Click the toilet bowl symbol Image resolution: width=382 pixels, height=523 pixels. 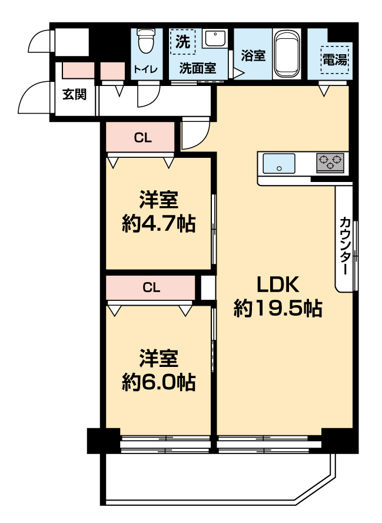[147, 41]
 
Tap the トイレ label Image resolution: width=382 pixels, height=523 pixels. [145, 69]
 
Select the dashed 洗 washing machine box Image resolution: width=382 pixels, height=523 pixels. [182, 42]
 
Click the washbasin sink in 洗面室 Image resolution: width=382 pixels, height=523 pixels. [215, 38]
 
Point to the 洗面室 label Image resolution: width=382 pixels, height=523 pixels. [198, 68]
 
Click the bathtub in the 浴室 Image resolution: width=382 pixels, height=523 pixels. [286, 54]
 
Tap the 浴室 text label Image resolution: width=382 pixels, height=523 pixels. [253, 55]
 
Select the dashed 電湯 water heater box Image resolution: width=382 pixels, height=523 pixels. [335, 59]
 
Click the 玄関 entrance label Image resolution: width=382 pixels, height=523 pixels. [75, 94]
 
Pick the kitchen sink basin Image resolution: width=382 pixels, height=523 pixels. [279, 163]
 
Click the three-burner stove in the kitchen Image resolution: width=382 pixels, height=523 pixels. [330, 163]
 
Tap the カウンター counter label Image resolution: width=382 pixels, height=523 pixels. [345, 246]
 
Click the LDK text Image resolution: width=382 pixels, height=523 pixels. [278, 284]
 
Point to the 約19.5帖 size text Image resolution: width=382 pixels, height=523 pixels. [278, 308]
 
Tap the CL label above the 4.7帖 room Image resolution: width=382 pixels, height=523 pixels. [143, 137]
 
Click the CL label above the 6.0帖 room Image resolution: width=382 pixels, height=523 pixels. [152, 287]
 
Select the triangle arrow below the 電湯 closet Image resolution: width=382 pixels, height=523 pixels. [324, 91]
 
